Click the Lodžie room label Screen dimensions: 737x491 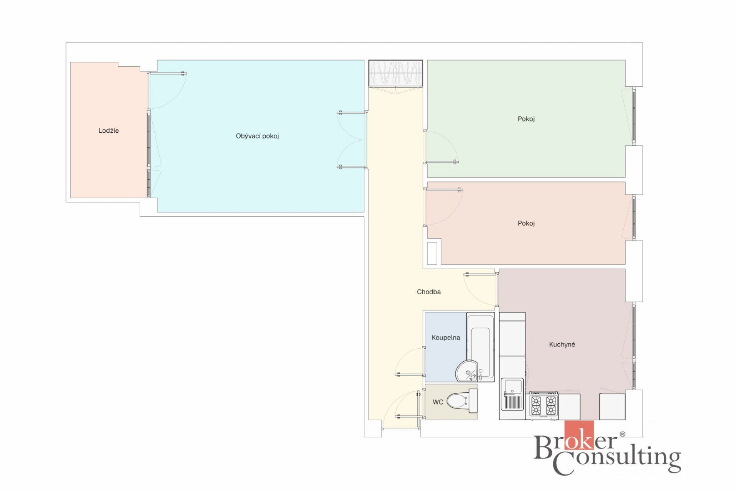109,130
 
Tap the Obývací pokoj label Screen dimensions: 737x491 257,136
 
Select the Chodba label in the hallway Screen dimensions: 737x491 429,292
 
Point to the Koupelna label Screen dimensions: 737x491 446,338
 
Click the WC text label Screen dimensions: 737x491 438,402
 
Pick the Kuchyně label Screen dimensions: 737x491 562,344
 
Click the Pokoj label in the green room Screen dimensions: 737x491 526,119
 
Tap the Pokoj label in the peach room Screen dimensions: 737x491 526,223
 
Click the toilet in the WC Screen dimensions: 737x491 462,401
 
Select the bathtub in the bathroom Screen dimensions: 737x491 480,347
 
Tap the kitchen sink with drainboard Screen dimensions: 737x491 512,394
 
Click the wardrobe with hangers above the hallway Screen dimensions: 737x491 396,73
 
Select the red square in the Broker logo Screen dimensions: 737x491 579,435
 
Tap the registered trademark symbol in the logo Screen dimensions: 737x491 623,434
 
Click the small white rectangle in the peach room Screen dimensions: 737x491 432,254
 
